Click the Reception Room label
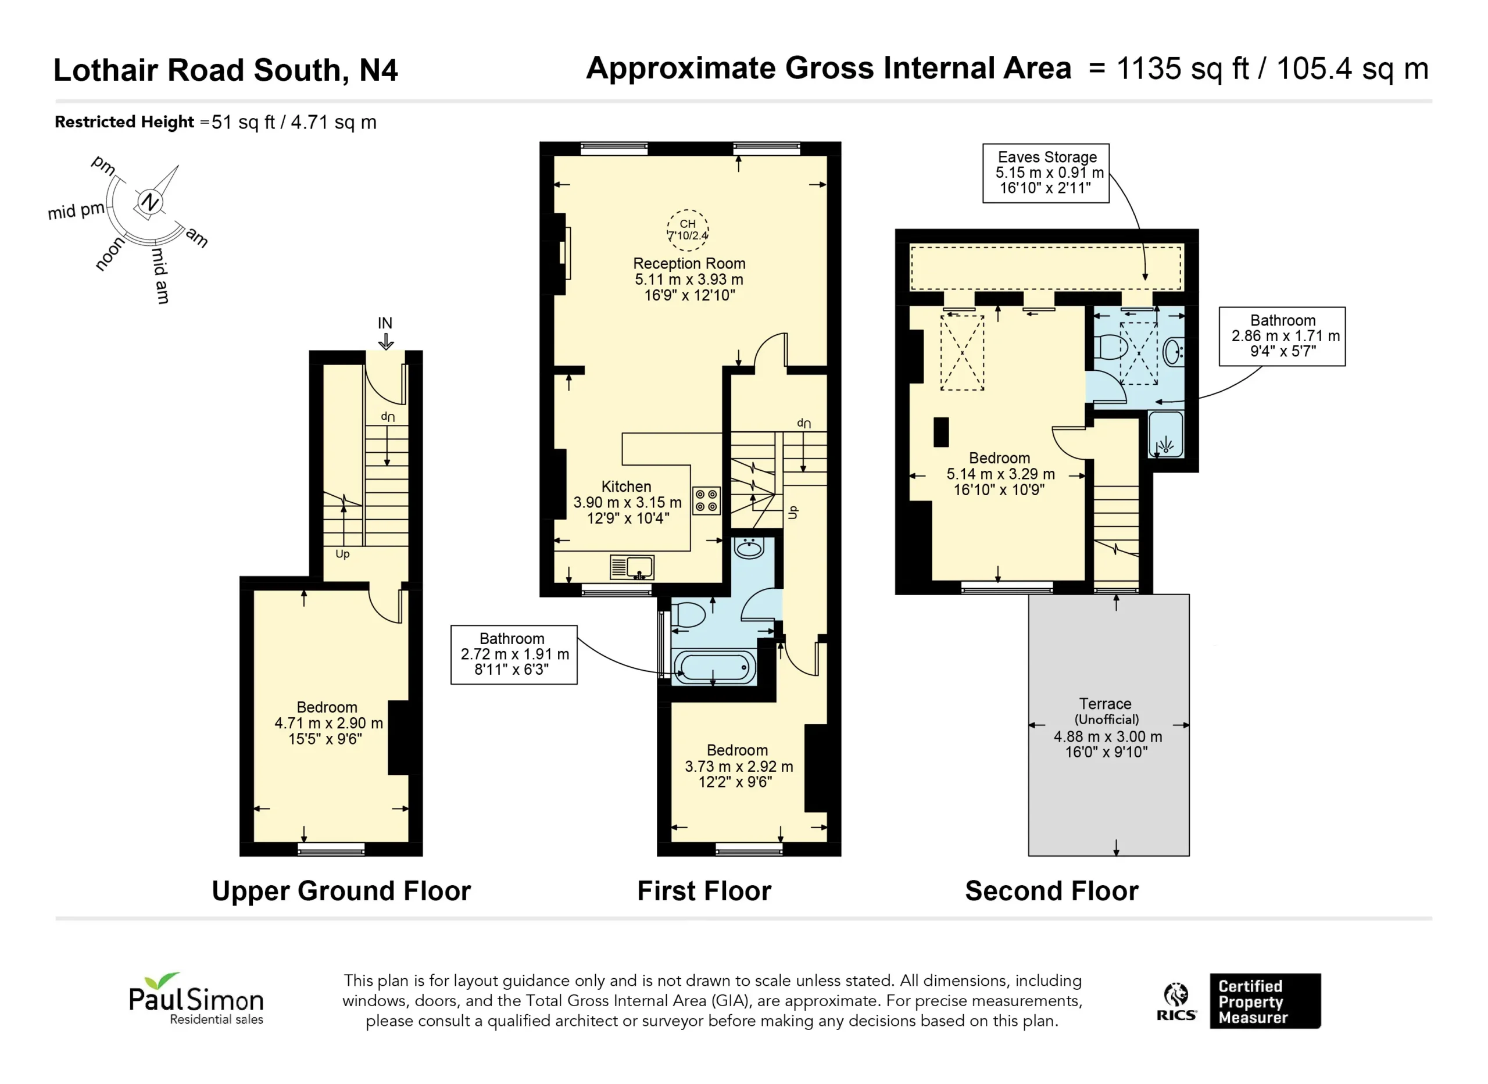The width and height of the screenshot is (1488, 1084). click(689, 263)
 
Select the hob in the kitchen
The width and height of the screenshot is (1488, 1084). click(707, 500)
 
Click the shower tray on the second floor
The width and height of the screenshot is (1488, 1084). click(1166, 434)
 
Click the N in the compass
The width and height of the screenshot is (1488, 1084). click(150, 202)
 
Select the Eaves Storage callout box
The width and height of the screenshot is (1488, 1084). click(1046, 173)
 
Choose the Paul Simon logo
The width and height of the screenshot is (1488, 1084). click(196, 999)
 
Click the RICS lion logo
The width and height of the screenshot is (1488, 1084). click(1176, 1001)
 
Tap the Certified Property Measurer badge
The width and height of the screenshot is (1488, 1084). click(1265, 1001)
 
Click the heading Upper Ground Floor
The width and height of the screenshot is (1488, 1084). click(341, 891)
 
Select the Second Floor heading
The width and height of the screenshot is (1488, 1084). click(1051, 891)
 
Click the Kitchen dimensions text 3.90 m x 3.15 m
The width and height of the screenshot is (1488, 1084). click(627, 502)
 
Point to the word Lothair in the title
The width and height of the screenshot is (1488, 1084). click(106, 70)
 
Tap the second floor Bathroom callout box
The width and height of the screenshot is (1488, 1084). click(1282, 336)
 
